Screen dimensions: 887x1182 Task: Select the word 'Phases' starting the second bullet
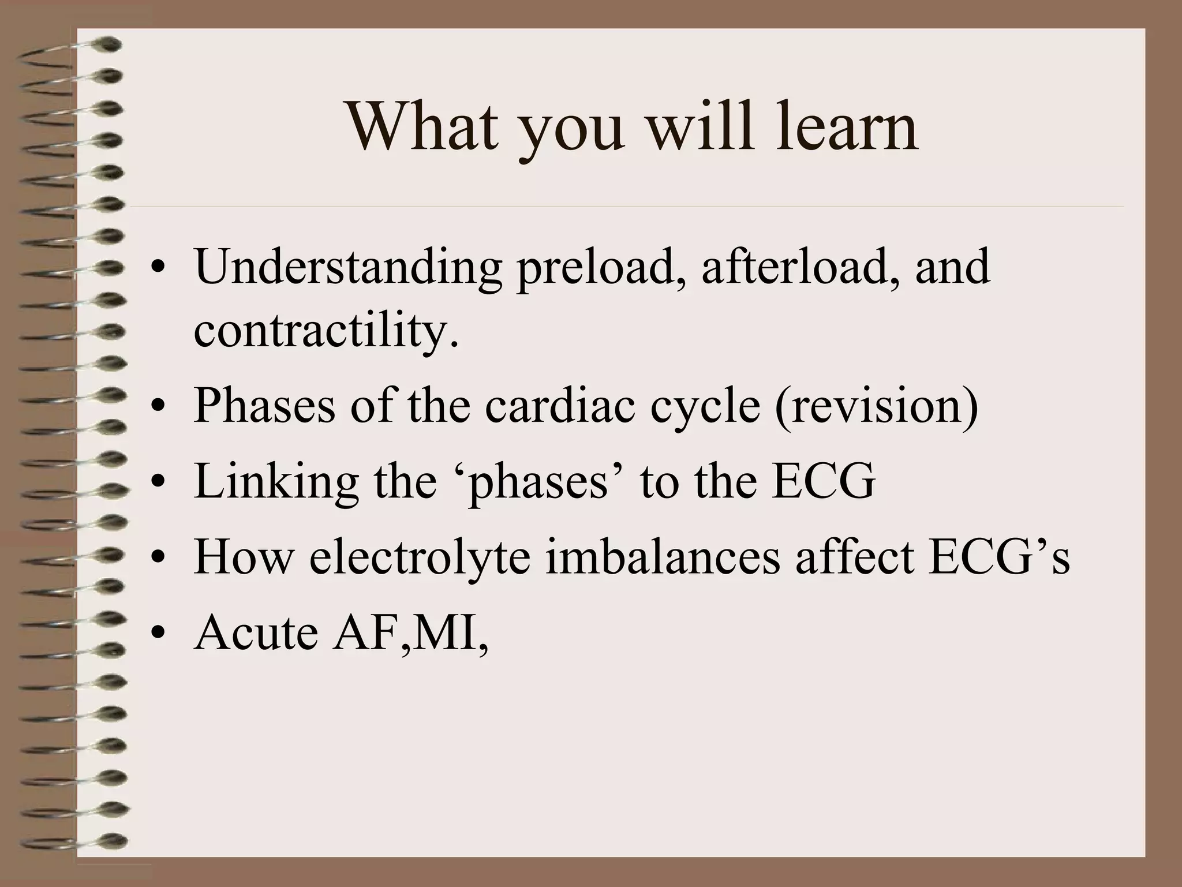click(x=264, y=405)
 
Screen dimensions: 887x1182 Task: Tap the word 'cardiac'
click(x=563, y=405)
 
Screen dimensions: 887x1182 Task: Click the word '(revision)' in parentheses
click(x=876, y=405)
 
